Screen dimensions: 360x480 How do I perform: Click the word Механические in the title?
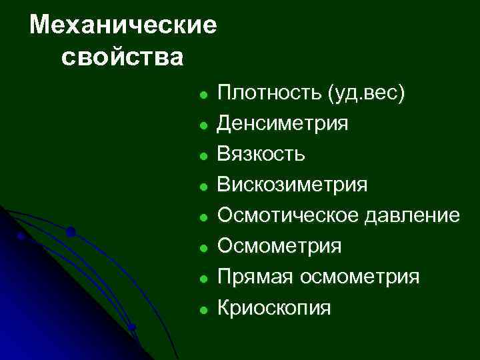(x=124, y=25)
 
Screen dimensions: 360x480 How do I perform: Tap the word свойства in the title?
(x=121, y=57)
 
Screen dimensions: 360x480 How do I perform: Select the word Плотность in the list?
(x=270, y=93)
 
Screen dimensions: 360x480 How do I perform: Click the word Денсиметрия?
(x=283, y=123)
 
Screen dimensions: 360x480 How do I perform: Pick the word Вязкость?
(x=262, y=154)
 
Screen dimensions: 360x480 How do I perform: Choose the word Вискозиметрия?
(x=292, y=185)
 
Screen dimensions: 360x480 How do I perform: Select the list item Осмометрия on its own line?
(x=279, y=246)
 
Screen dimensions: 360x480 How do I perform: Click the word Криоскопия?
(x=273, y=307)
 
